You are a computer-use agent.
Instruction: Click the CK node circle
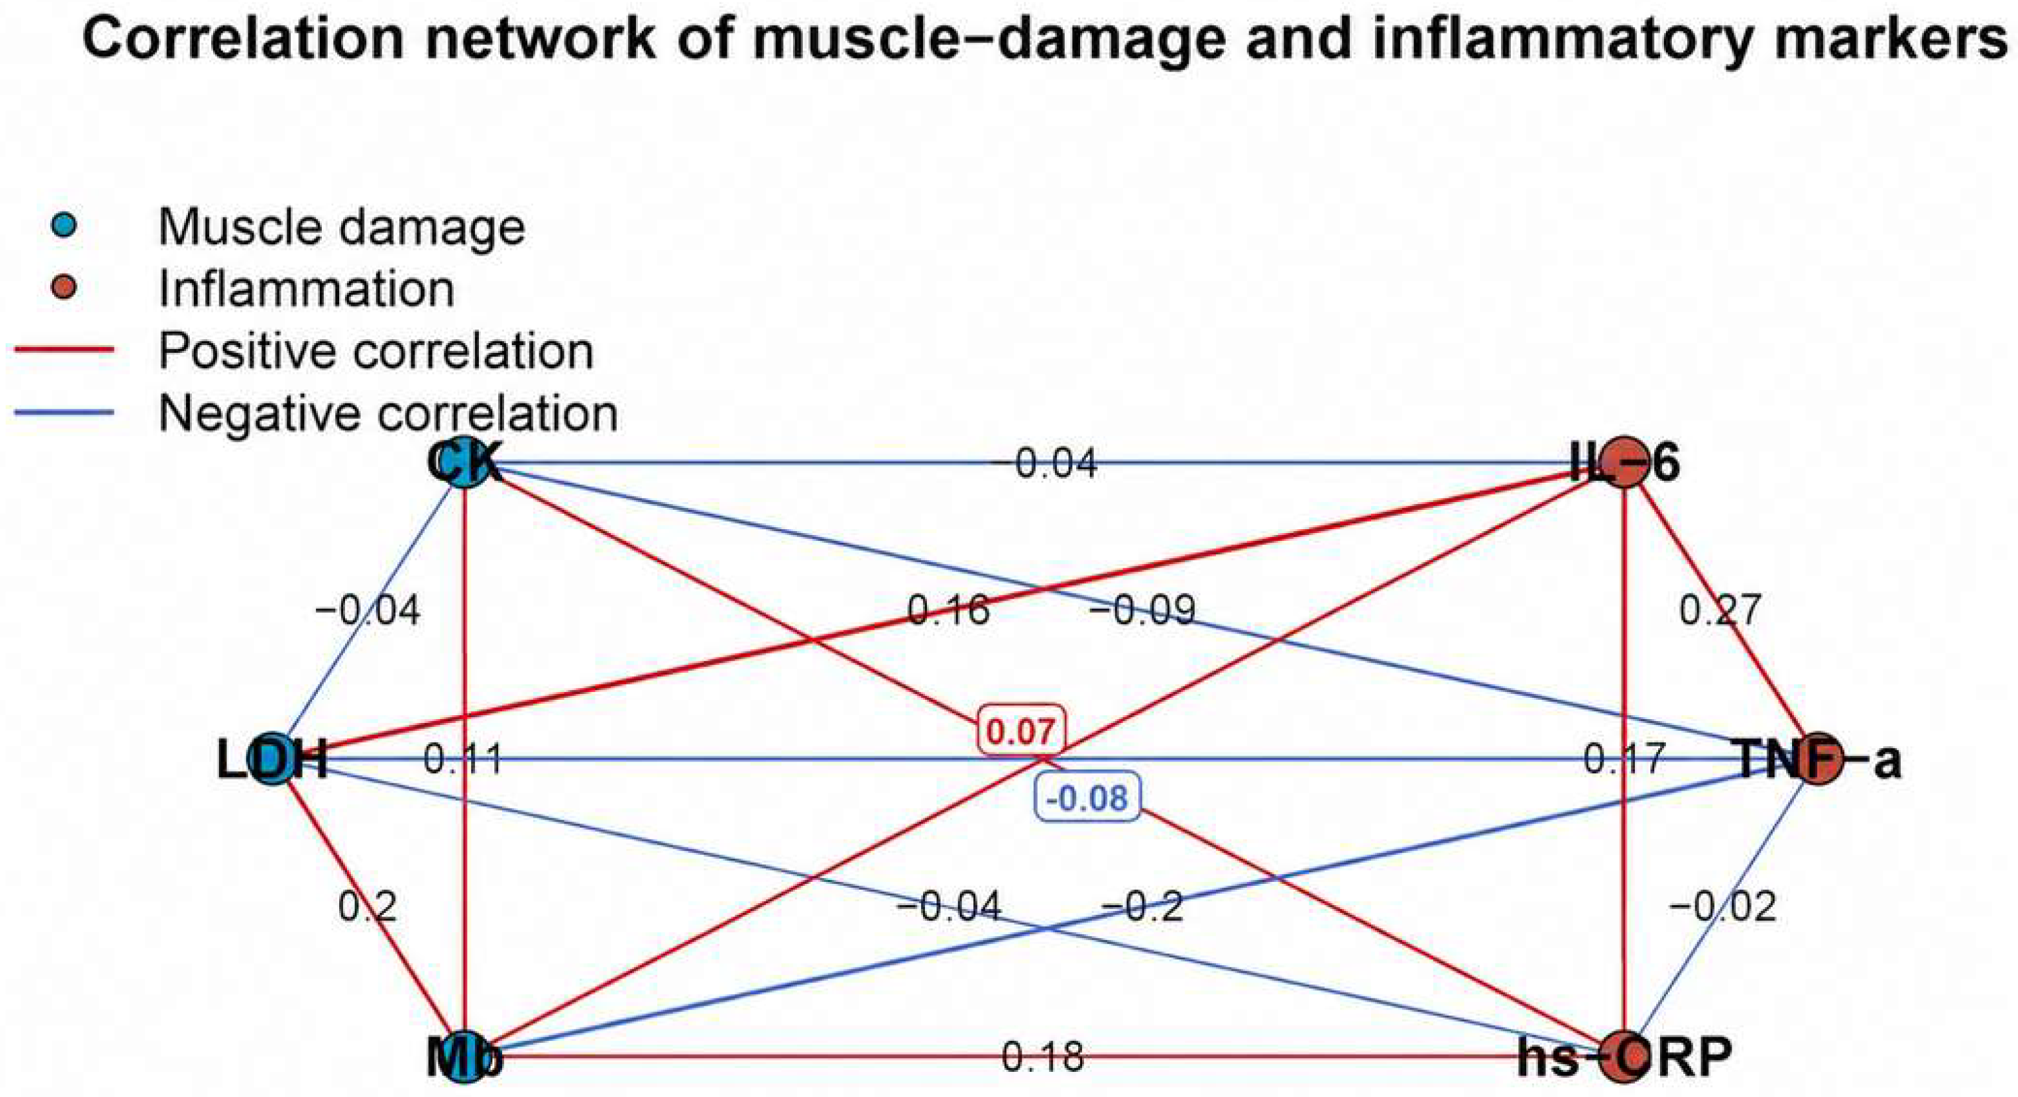point(465,463)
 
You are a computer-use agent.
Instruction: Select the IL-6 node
point(1625,463)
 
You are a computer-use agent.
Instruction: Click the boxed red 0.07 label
point(1021,732)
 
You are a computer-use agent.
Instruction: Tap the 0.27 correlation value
point(1721,609)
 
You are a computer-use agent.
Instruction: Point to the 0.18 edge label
point(1043,1057)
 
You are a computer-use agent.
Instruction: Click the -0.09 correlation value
point(1143,610)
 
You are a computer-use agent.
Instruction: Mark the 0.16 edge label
point(949,609)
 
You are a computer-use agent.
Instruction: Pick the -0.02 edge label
point(1723,906)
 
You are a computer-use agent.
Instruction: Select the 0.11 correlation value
point(462,759)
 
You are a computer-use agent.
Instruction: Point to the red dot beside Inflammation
point(66,288)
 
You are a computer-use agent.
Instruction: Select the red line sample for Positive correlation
point(64,350)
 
